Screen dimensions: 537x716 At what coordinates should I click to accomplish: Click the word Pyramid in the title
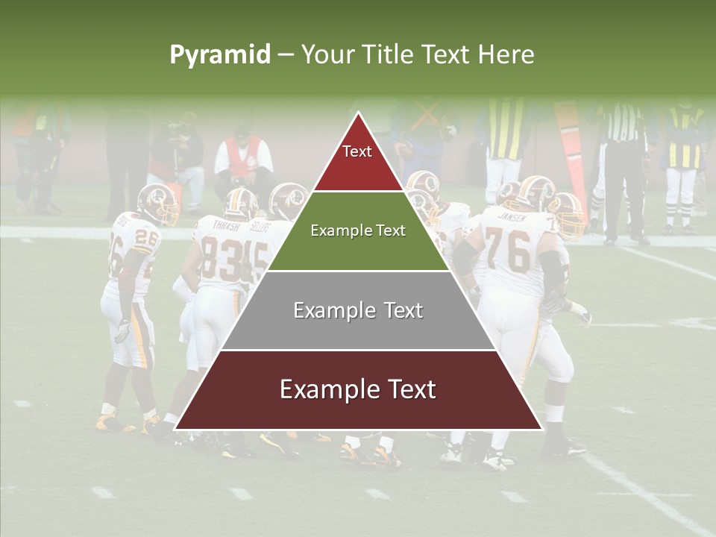pyautogui.click(x=219, y=55)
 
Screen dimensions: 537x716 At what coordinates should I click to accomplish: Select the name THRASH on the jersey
pyautogui.click(x=226, y=224)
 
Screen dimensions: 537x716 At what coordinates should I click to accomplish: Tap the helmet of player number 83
pyautogui.click(x=240, y=202)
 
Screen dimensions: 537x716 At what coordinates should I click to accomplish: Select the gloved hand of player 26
pyautogui.click(x=122, y=330)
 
